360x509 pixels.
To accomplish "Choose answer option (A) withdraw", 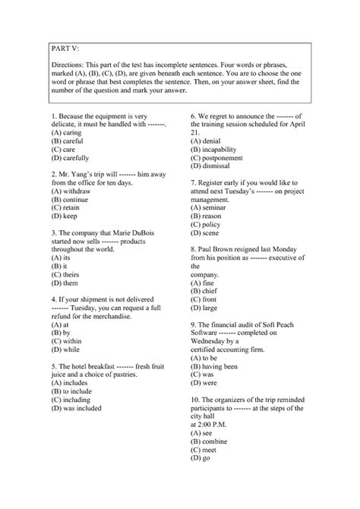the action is point(76,191).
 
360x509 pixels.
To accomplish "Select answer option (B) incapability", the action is point(223,149).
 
